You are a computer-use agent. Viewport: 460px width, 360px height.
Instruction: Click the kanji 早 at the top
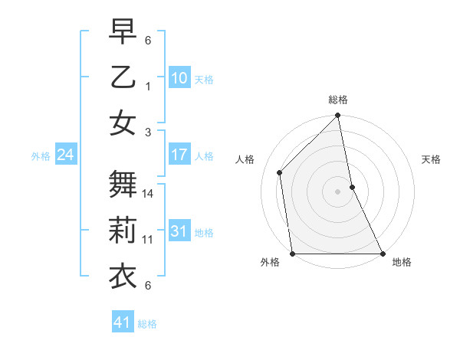coord(123,32)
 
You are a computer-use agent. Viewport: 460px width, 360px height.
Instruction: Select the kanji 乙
coord(123,77)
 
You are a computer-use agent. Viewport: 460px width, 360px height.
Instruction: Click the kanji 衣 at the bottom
coord(123,275)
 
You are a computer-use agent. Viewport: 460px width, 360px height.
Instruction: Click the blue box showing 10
coord(179,77)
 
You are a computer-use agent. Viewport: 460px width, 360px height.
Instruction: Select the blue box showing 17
coord(179,155)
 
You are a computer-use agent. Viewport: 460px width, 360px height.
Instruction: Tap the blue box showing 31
coord(179,231)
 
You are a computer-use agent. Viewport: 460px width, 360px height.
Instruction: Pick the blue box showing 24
coord(65,155)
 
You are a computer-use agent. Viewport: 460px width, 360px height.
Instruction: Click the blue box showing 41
coord(123,322)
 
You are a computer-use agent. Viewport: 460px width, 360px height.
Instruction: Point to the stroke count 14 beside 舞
coord(149,195)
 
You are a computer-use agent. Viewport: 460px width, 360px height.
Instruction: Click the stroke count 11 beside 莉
coord(149,240)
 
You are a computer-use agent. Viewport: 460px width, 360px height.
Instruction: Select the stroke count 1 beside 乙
coord(149,87)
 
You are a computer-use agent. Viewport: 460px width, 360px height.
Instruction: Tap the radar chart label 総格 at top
coord(338,100)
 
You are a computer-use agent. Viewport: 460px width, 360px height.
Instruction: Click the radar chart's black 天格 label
coord(432,159)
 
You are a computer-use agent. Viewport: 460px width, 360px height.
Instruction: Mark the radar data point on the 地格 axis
coord(383,254)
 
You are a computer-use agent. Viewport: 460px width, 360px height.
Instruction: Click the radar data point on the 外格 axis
coord(292,254)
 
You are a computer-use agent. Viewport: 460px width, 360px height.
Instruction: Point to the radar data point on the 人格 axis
coord(279,172)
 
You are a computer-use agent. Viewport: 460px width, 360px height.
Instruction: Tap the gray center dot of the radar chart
coord(337,191)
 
